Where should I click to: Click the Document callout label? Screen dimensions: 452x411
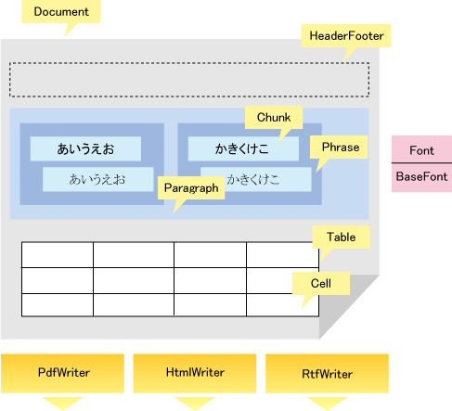tap(61, 11)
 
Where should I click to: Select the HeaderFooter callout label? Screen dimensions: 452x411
tap(346, 36)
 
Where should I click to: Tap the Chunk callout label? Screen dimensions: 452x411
tap(274, 118)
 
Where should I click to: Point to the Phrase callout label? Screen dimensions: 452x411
tap(339, 148)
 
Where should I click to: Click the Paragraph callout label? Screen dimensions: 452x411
tap(191, 187)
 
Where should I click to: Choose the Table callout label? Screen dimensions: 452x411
tap(342, 237)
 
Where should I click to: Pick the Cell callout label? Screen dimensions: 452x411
tap(321, 283)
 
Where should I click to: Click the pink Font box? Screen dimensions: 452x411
tap(422, 149)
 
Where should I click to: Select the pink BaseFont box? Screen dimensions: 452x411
tap(422, 177)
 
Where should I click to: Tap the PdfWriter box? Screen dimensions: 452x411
tap(62, 373)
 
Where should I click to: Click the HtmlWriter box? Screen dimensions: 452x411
tap(195, 373)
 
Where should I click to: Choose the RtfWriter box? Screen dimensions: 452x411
tap(327, 373)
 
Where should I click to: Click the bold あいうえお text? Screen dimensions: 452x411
tap(85, 148)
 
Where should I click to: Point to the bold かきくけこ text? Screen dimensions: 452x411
tap(242, 148)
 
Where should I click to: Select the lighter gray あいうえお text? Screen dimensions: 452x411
tap(97, 179)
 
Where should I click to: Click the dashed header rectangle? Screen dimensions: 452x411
tap(189, 63)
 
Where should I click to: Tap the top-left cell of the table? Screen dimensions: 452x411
tap(58, 255)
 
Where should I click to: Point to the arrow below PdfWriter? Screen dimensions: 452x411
tap(62, 404)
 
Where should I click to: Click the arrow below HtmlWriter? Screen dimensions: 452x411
tap(195, 404)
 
